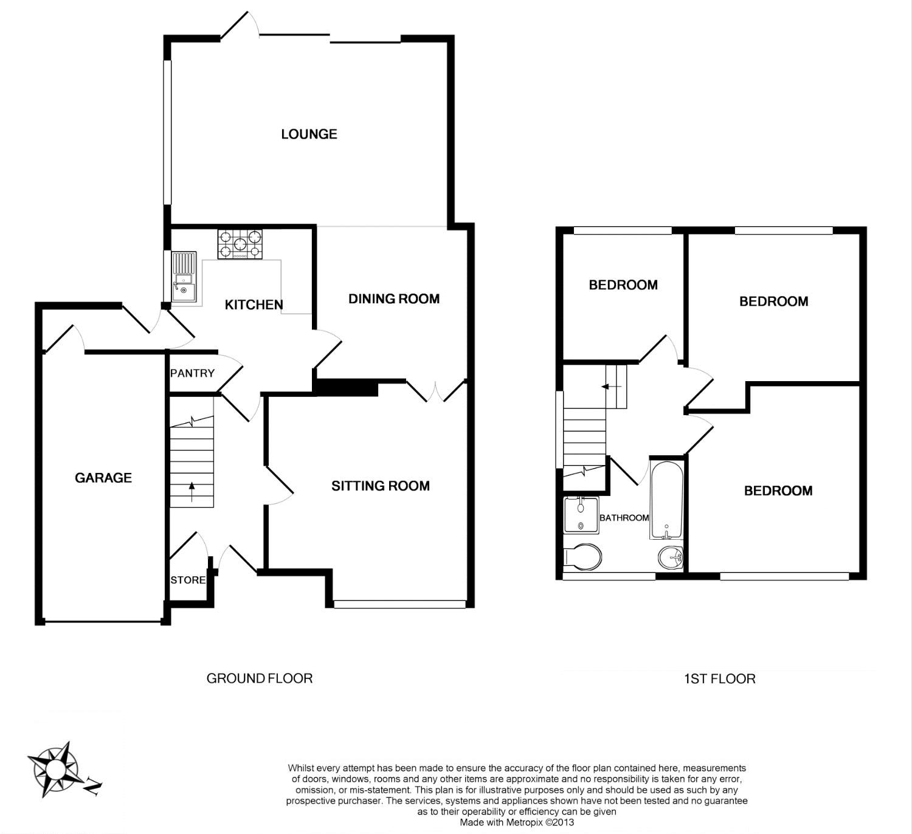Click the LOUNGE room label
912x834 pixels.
pyautogui.click(x=309, y=134)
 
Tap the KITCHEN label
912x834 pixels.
pyautogui.click(x=254, y=305)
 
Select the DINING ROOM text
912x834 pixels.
pyautogui.click(x=394, y=298)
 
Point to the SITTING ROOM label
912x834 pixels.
pyautogui.click(x=381, y=486)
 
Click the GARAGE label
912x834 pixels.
pyautogui.click(x=103, y=478)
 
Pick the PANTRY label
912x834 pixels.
pyautogui.click(x=192, y=373)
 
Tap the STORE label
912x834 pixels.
pyautogui.click(x=188, y=581)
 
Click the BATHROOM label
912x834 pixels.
pyautogui.click(x=624, y=518)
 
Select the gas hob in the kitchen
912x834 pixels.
pyautogui.click(x=240, y=244)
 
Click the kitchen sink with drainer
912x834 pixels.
pyautogui.click(x=184, y=277)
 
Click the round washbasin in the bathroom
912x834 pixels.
pyautogui.click(x=670, y=557)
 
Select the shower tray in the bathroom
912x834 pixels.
pyautogui.click(x=581, y=515)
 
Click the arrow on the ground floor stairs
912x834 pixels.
pyautogui.click(x=192, y=492)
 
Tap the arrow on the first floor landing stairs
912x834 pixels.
pyautogui.click(x=612, y=387)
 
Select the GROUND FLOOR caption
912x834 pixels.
pyautogui.click(x=260, y=678)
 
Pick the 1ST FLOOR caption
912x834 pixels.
pyautogui.click(x=720, y=679)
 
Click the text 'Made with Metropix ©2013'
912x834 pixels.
pyautogui.click(x=517, y=822)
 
